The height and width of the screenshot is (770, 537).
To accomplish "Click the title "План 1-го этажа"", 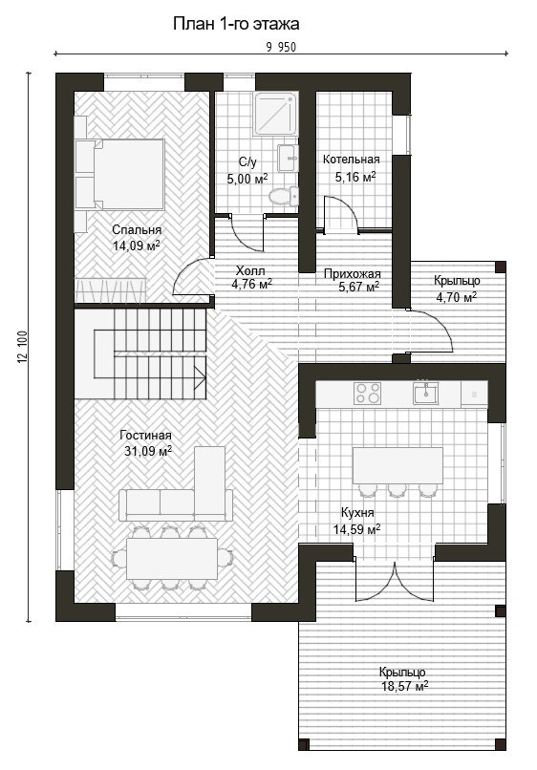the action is tap(236, 23).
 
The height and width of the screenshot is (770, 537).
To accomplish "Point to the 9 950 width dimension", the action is tap(281, 47).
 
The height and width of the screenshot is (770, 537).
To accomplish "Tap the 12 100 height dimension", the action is tap(23, 347).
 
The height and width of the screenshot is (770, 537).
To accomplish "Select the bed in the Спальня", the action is tap(119, 174).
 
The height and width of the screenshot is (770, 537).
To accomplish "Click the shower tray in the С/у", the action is tap(275, 115).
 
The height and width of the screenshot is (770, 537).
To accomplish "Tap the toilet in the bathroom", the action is tap(284, 196).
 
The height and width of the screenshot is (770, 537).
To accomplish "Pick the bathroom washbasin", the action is tap(288, 158).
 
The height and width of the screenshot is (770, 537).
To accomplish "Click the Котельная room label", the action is tap(352, 160).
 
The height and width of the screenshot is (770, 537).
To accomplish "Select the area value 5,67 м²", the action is tap(358, 287).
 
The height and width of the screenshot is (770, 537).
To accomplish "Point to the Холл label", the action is tap(250, 270).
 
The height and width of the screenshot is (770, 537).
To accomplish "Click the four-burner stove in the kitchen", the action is tap(368, 394).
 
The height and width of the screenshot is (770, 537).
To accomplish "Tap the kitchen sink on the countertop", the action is tap(425, 393).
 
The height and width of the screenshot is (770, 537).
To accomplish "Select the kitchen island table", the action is tap(397, 465).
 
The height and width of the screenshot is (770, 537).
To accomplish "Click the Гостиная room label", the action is tap(146, 436).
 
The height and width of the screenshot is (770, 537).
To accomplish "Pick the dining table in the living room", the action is tap(172, 559).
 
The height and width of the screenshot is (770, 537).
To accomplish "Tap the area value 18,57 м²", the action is tap(405, 686).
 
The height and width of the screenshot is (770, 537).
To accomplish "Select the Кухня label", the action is tap(357, 513).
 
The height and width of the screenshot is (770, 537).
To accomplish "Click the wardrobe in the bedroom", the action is tap(110, 290).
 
